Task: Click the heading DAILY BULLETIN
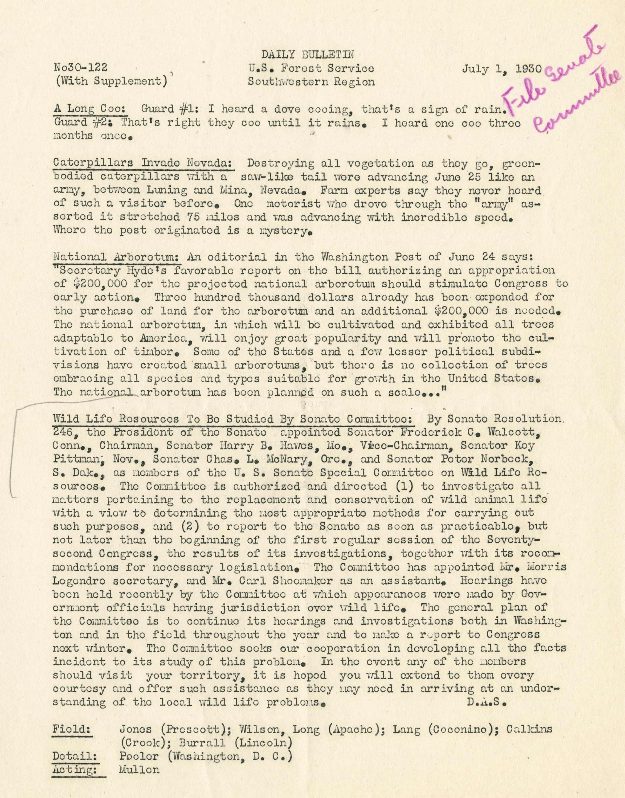point(307,55)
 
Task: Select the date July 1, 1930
point(502,68)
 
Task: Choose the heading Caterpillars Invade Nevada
point(144,163)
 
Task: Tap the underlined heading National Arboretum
point(117,257)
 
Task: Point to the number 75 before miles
point(193,217)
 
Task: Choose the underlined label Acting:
point(76,770)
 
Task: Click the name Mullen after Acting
point(139,770)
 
